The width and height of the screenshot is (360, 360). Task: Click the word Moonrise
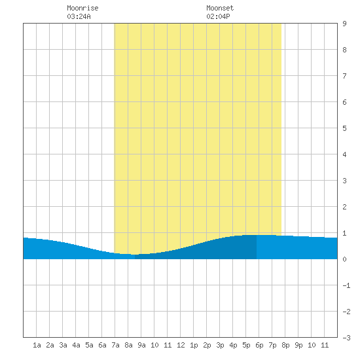tap(82, 8)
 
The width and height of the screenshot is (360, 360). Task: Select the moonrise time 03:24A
tap(79, 16)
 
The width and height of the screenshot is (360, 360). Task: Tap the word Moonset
tap(220, 8)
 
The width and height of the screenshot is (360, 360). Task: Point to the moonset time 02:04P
tap(218, 16)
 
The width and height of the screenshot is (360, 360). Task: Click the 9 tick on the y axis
tap(344, 24)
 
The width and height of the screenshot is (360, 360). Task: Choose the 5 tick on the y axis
tap(344, 128)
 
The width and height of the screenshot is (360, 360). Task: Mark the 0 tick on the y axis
tap(344, 259)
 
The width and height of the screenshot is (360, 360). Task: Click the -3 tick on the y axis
tap(346, 338)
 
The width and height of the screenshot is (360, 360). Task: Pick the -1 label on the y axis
tap(346, 285)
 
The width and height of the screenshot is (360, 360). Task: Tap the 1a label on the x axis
tap(37, 345)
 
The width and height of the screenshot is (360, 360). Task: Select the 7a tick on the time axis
tap(115, 345)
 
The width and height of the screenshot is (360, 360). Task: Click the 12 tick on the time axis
tap(181, 345)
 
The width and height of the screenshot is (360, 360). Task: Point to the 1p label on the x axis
tap(194, 345)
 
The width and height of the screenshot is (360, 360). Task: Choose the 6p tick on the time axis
tap(259, 345)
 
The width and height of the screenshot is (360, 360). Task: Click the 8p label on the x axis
tap(285, 345)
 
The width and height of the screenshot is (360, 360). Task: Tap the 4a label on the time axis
tap(76, 345)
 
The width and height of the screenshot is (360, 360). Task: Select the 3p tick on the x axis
tap(220, 345)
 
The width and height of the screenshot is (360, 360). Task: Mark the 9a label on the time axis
tap(141, 345)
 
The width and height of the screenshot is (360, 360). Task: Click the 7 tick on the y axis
tap(344, 76)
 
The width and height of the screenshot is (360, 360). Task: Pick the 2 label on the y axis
tap(344, 207)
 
